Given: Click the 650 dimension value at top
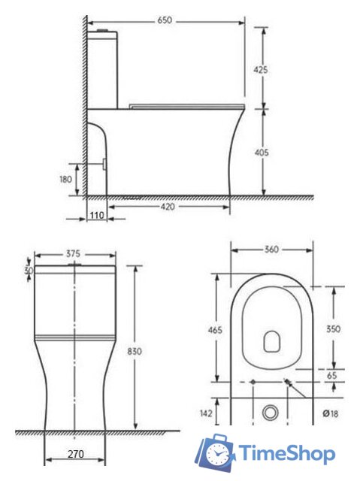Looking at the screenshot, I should point(165,20).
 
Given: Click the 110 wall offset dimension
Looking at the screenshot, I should point(97,215).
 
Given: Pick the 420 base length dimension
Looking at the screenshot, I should point(168,207).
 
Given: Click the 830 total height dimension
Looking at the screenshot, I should point(135,351).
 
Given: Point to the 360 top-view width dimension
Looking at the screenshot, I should point(271,250).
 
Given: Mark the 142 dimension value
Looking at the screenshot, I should point(214,413).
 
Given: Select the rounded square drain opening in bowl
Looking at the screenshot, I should point(271,342).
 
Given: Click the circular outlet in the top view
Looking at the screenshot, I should point(271,413).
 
